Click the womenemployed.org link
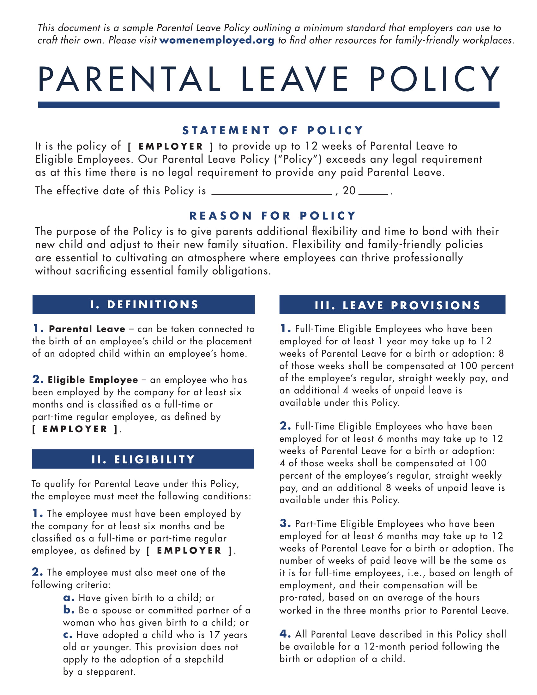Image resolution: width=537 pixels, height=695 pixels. coord(217,40)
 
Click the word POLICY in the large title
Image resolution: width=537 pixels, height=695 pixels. coord(434,79)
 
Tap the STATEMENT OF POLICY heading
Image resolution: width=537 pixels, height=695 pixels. coord(272,130)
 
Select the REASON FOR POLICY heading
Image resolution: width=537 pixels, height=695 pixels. coord(272,215)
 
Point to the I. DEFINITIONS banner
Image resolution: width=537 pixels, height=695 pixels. coord(143,305)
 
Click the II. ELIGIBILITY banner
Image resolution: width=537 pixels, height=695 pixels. coord(143,459)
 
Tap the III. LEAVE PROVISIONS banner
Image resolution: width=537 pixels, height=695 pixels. coord(392,305)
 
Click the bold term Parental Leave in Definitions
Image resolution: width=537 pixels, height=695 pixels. coord(87,329)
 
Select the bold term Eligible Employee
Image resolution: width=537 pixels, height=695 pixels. coord(93,380)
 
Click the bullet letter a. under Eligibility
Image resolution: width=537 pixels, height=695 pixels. coord(69,598)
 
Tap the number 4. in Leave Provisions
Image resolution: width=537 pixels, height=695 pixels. coord(285,634)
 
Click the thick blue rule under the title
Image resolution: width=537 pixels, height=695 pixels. coord(268,104)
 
